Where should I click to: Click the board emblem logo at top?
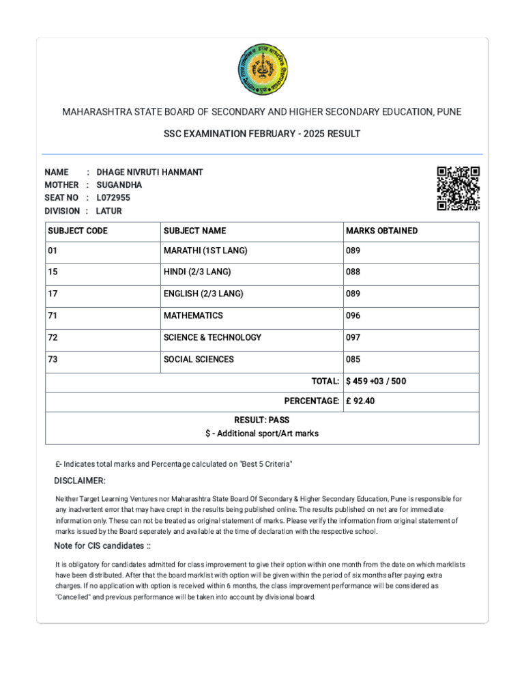click(263, 69)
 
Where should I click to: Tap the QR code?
click(458, 188)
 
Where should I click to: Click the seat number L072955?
click(113, 198)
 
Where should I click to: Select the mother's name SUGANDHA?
click(119, 185)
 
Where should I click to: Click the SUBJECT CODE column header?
click(78, 231)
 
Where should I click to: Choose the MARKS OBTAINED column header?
click(381, 231)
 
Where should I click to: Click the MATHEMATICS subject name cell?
click(193, 316)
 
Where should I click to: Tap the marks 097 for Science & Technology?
click(353, 338)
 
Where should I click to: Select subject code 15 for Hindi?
click(53, 272)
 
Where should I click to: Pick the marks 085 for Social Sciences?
click(353, 360)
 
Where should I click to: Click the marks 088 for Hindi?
click(353, 272)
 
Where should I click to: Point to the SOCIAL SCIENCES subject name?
click(199, 360)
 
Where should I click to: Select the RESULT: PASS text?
click(262, 420)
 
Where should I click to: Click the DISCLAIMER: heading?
click(80, 481)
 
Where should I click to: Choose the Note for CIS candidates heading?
click(102, 546)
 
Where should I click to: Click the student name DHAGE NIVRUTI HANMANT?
click(150, 172)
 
